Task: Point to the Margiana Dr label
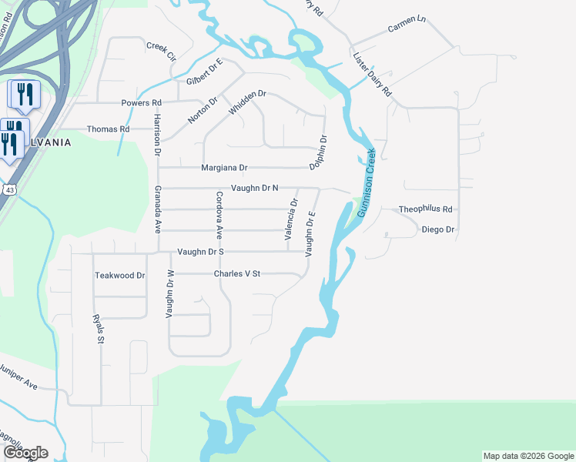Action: click(x=224, y=167)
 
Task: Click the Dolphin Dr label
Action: click(x=319, y=152)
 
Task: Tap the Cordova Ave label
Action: click(x=219, y=213)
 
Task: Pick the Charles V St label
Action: click(x=238, y=273)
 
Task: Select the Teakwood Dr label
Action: click(x=119, y=275)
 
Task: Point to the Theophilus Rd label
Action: click(x=425, y=209)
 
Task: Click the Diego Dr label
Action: click(x=438, y=229)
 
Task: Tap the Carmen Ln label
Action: click(x=407, y=28)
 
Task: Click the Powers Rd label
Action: click(x=142, y=102)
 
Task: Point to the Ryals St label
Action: click(x=97, y=329)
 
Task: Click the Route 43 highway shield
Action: click(x=8, y=189)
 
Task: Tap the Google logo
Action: click(x=25, y=453)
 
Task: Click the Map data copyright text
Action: click(x=527, y=456)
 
